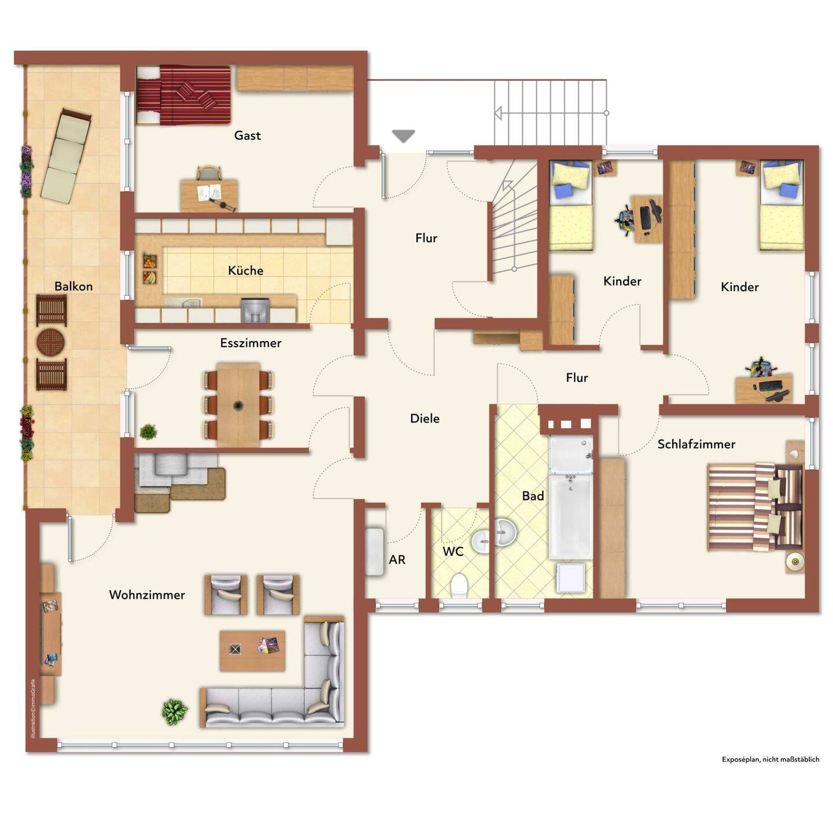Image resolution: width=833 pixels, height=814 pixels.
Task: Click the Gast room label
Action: coord(247,135)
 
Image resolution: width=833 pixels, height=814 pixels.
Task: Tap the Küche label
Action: coord(245,270)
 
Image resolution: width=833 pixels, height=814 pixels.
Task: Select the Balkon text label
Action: coord(73,286)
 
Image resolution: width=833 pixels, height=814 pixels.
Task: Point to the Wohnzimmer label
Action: coord(147,595)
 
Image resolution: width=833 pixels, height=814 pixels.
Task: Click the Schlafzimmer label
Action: coord(696,444)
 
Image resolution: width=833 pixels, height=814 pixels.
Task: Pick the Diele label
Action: coord(425,418)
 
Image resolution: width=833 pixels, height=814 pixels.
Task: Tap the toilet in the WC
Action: coord(459,584)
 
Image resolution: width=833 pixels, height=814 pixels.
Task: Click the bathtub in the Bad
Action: coord(570,518)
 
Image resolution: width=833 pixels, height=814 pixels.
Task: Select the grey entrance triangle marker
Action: coord(403,136)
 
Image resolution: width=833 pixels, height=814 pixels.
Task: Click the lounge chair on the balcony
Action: coord(66,155)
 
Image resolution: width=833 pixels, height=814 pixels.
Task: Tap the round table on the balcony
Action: coord(50,342)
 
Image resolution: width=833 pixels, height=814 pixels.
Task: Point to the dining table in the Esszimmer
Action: coord(238,405)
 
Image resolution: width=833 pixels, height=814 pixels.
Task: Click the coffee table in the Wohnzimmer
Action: coord(252,650)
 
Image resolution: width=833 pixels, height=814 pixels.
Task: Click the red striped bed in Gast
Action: coord(183,95)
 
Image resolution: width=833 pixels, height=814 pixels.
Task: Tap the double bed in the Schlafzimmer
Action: coord(755,507)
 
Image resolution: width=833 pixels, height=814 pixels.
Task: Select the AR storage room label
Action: coord(397,559)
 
